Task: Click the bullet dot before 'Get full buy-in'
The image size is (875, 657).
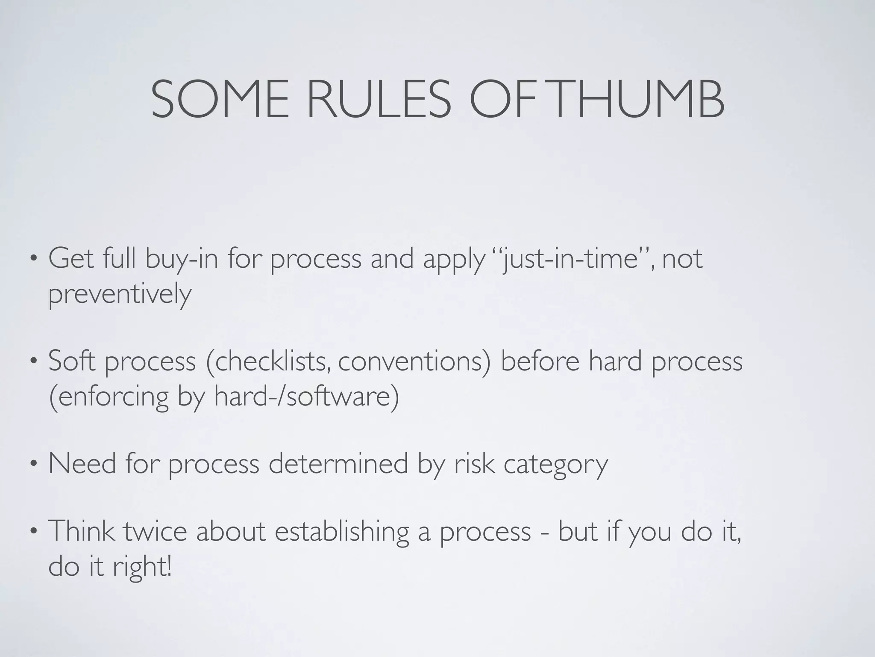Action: [x=33, y=260]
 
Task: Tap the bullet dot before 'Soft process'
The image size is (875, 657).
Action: [x=33, y=362]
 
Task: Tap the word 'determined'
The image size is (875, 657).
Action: [x=338, y=464]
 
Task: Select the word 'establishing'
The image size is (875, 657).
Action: [x=341, y=532]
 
